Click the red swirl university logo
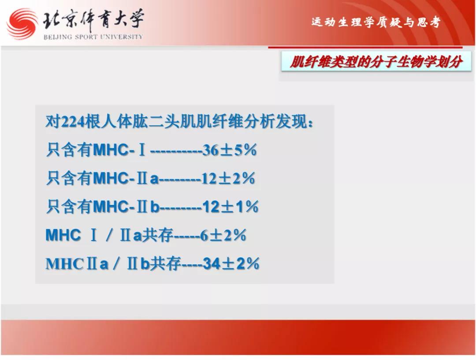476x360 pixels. pyautogui.click(x=22, y=24)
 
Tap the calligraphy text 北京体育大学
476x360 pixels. pyautogui.click(x=93, y=20)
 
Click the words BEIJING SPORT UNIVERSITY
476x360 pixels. pyautogui.click(x=93, y=37)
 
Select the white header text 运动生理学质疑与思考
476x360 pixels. pyautogui.click(x=376, y=22)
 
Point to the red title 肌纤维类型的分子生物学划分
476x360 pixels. pyautogui.click(x=376, y=62)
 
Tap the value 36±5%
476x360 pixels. pyautogui.click(x=230, y=150)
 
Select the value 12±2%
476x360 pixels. pyautogui.click(x=228, y=178)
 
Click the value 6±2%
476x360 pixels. pyautogui.click(x=223, y=235)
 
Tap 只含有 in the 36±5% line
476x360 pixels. pyautogui.click(x=69, y=150)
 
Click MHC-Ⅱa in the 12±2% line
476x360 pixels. pyautogui.click(x=126, y=178)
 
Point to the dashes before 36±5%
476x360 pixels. pyautogui.click(x=176, y=151)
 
